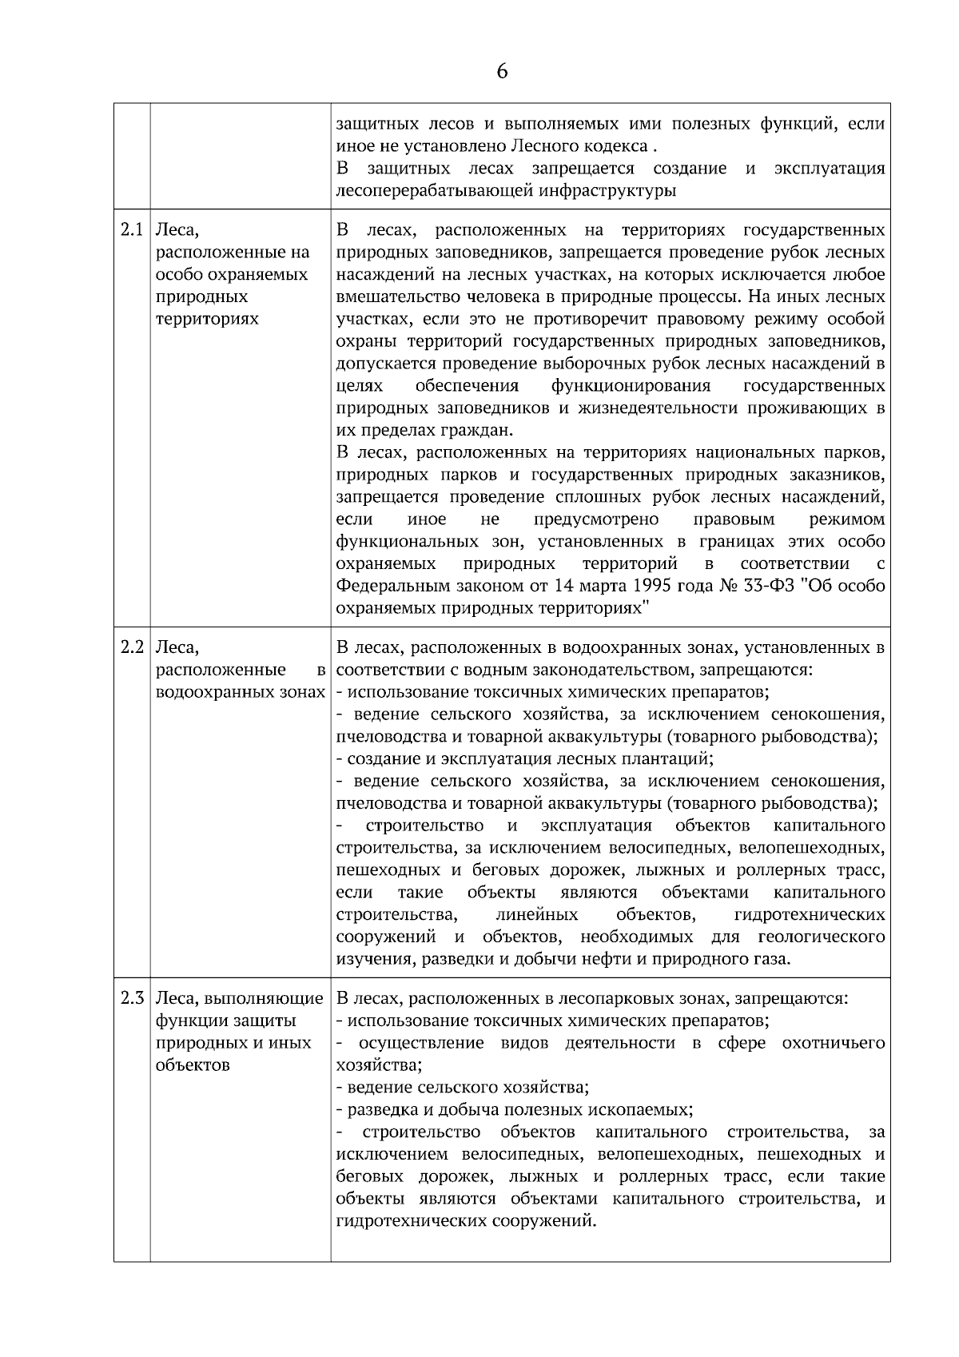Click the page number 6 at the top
coord(502,72)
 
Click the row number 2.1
coord(132,231)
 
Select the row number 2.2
coord(132,647)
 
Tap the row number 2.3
coord(132,998)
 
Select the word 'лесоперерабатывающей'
coord(428,191)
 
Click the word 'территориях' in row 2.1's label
coord(208,320)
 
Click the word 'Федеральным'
coord(387,586)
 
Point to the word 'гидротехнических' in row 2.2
coord(809,914)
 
